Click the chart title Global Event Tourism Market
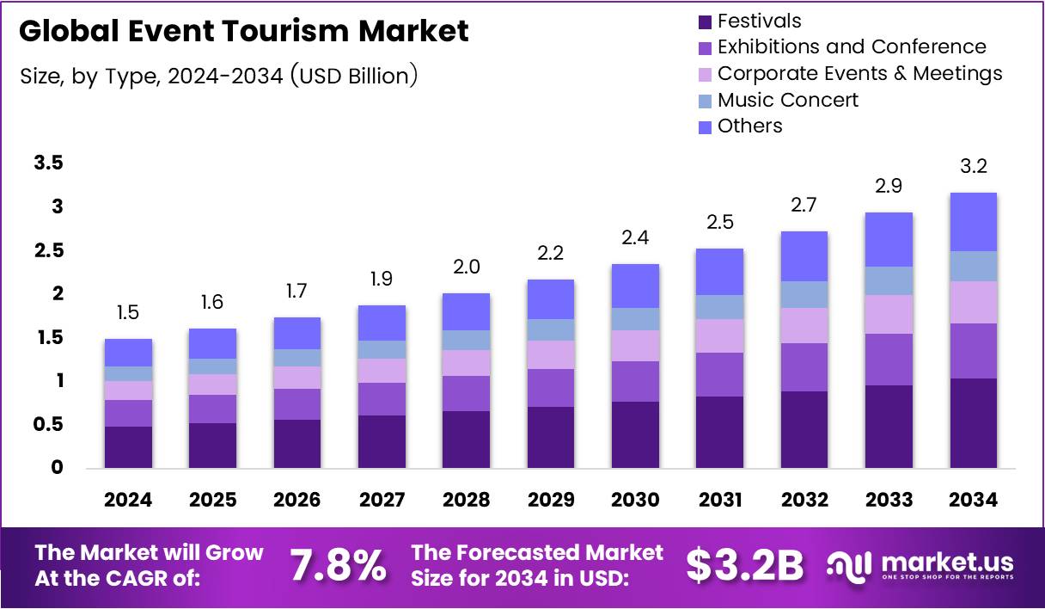(x=243, y=32)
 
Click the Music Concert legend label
(x=787, y=100)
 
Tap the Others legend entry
(x=749, y=126)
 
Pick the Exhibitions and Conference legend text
(x=851, y=47)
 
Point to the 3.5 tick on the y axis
(x=49, y=163)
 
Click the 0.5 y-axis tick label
(x=49, y=425)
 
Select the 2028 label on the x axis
(x=466, y=501)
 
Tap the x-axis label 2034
(x=973, y=501)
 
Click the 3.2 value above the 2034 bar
(x=973, y=167)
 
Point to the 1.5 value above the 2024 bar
(x=128, y=313)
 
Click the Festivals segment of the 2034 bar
(x=973, y=423)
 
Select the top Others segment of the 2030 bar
(x=635, y=286)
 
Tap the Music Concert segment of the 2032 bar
(x=804, y=294)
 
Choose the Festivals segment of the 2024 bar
(x=128, y=447)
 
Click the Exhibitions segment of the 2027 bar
(x=382, y=399)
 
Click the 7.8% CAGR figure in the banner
(x=337, y=565)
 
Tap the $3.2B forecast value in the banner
(x=744, y=565)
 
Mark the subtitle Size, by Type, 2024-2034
(x=219, y=76)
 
